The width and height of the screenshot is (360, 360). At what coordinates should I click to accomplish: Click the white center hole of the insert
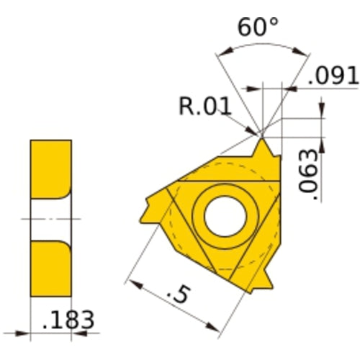coord(224,215)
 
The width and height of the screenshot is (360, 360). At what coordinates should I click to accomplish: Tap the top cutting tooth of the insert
coord(264,150)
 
